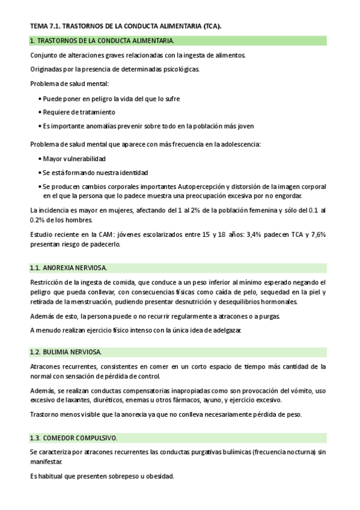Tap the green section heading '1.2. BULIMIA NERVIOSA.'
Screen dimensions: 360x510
point(66,351)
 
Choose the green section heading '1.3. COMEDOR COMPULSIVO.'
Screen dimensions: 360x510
point(73,437)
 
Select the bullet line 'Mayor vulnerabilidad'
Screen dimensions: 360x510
point(75,158)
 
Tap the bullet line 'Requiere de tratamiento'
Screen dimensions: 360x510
point(79,112)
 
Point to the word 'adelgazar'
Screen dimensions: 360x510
point(225,330)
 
